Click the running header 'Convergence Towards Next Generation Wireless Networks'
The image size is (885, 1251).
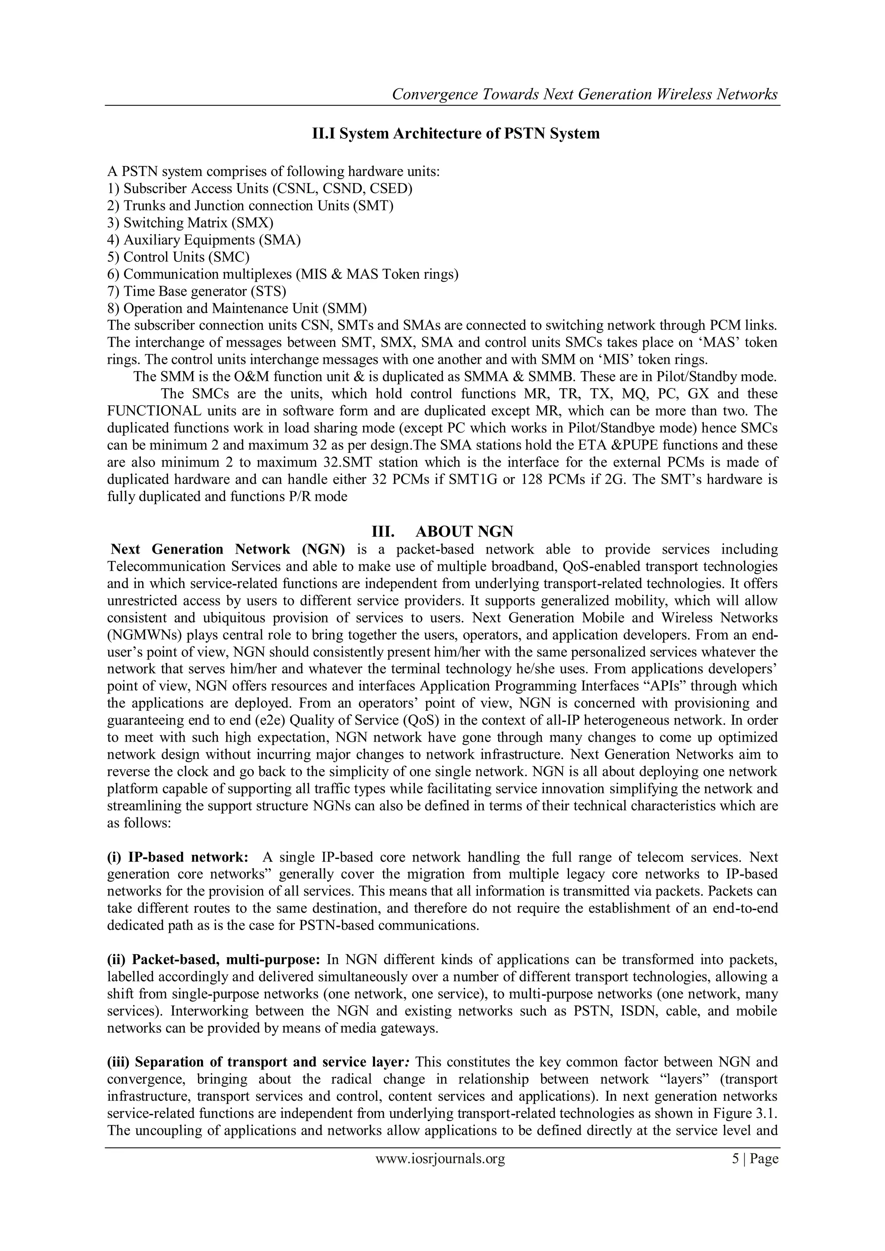[584, 94]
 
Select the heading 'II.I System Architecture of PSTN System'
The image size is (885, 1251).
[455, 134]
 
